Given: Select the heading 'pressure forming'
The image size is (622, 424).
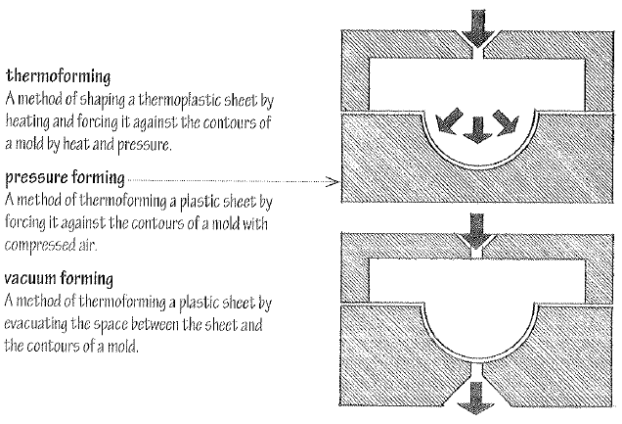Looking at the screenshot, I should pos(65,179).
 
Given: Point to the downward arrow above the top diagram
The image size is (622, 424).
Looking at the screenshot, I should pos(476,27).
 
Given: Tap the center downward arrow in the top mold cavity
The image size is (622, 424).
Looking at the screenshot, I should pos(476,128).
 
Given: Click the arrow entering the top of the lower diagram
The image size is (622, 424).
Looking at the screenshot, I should pos(476,233).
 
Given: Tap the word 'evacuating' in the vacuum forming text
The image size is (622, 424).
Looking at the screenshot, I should pos(38,320).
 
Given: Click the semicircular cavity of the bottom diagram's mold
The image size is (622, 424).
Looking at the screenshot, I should pos(476,338).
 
